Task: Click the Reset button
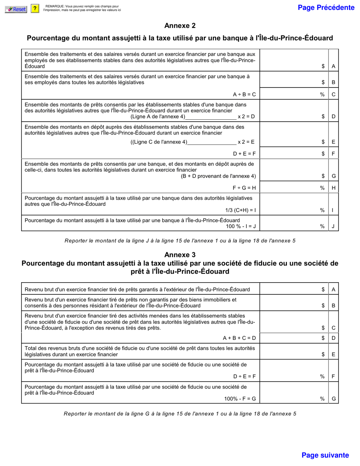(16, 9)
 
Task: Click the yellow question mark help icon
(35, 9)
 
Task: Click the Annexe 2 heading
(180, 26)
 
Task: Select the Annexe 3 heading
(180, 255)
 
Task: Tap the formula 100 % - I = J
(241, 226)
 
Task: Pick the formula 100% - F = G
(240, 399)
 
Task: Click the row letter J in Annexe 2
(333, 227)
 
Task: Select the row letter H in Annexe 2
(333, 188)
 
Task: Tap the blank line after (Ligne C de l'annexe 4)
(211, 142)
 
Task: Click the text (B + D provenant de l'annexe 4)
(218, 176)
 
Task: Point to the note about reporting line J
(180, 241)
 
